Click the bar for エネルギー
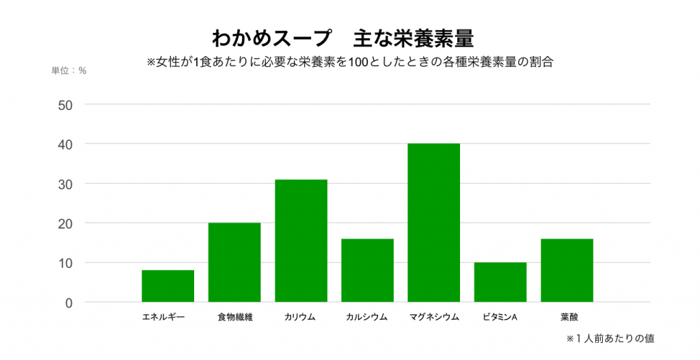(x=167, y=286)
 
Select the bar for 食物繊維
(x=234, y=262)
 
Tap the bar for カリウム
(x=301, y=240)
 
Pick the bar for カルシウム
(x=368, y=271)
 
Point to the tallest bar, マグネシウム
(x=434, y=223)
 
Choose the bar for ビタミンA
(x=500, y=282)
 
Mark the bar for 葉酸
(x=567, y=271)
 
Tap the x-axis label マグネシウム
(x=434, y=317)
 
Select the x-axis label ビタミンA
(x=500, y=317)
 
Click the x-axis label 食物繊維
(x=235, y=317)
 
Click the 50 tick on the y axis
(x=66, y=105)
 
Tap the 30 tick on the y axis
(x=66, y=184)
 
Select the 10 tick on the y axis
(x=66, y=263)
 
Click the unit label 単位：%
(x=69, y=70)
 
